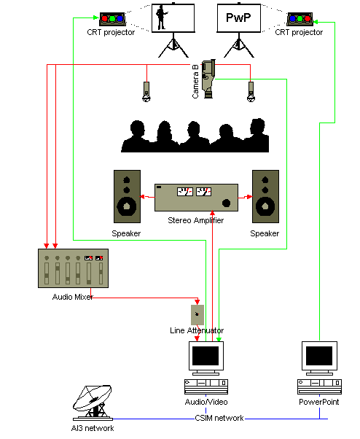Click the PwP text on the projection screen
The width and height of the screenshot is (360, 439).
238,18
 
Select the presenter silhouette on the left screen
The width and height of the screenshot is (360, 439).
161,18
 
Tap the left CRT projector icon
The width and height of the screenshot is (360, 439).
112,19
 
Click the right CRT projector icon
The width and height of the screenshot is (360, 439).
300,19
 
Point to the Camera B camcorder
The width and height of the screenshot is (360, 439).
208,79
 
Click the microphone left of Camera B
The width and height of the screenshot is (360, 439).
146,92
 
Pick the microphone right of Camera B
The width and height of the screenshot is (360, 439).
251,92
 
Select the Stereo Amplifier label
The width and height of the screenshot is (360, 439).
196,220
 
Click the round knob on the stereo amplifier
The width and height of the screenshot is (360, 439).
226,203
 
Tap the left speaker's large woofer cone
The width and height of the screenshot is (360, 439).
127,206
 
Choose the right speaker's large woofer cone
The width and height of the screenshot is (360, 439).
265,206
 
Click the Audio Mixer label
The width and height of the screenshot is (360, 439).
73,297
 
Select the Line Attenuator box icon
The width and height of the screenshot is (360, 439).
197,315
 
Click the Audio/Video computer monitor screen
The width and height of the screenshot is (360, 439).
206,356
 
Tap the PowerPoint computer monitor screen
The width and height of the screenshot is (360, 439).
319,356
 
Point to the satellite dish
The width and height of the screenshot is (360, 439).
93,403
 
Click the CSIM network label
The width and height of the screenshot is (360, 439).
219,418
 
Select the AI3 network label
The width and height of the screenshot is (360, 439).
93,428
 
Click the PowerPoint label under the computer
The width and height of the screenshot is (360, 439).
319,402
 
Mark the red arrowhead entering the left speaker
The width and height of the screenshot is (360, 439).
142,197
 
